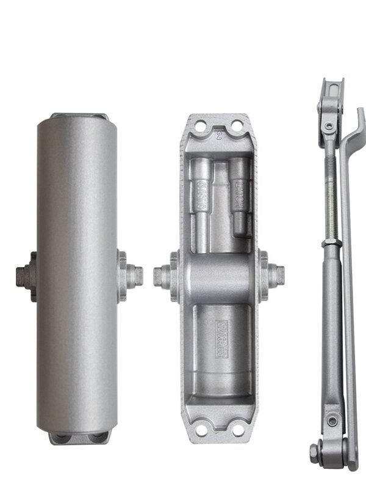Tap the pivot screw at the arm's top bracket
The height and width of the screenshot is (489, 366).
point(329,127)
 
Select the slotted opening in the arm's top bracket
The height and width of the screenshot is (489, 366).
point(331,92)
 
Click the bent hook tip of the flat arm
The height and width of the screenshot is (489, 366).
point(360,116)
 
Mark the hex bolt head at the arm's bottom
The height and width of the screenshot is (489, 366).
point(315,453)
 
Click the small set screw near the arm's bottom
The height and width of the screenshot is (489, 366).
point(332,422)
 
